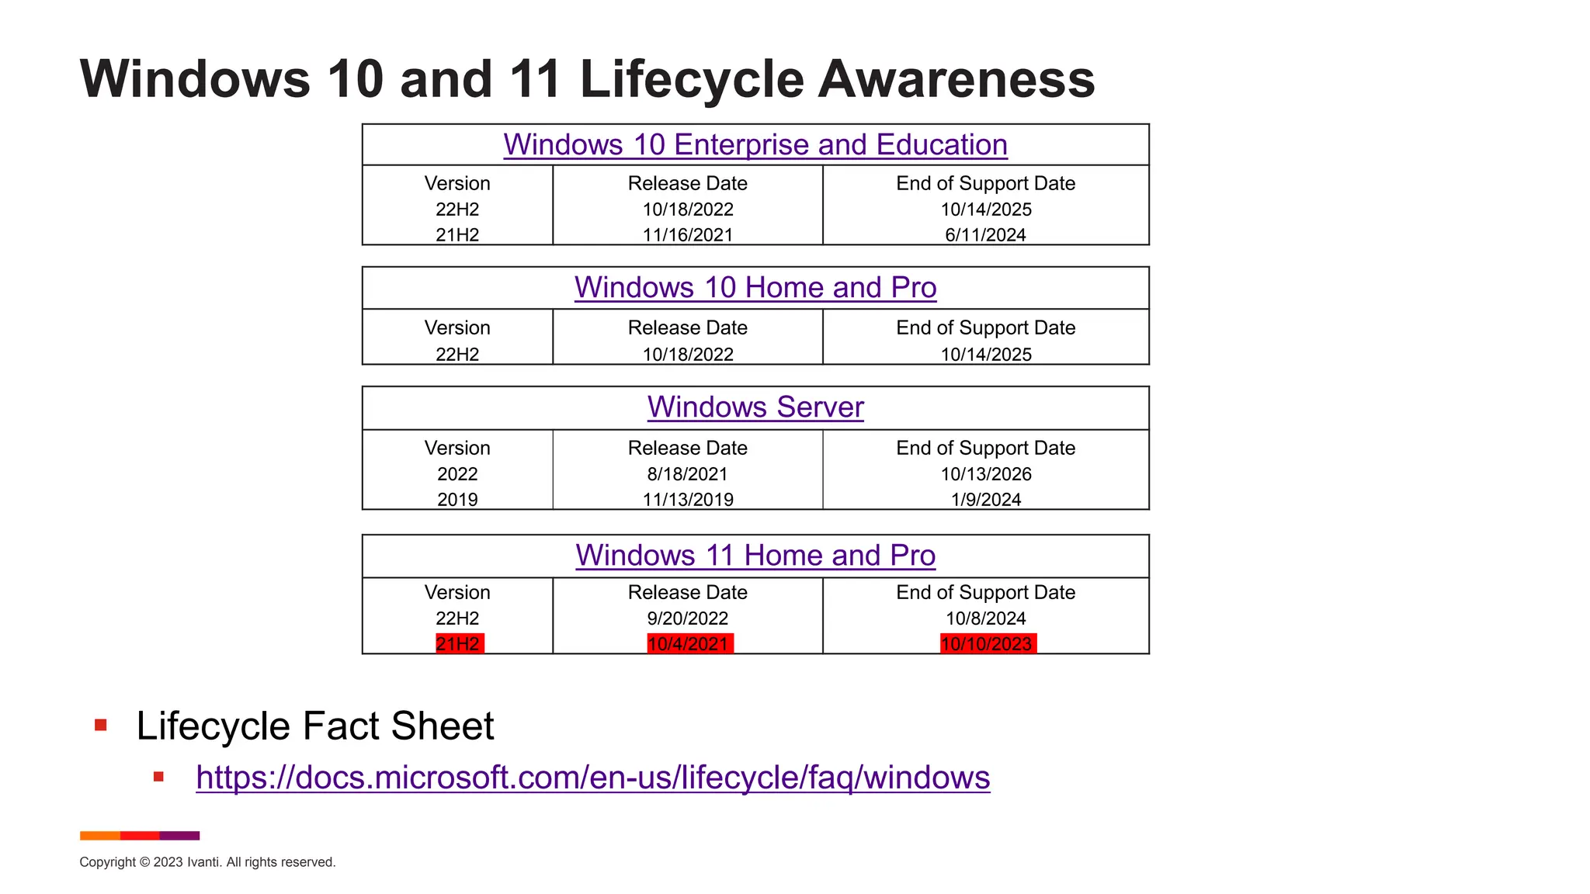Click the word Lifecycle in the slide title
coord(691,80)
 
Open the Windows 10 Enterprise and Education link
coord(755,145)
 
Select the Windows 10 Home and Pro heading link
coord(755,288)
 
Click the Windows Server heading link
coord(755,407)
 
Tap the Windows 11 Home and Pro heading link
coord(755,556)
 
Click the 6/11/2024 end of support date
coord(985,235)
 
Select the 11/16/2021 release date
coord(688,235)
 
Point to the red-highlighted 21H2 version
coord(459,644)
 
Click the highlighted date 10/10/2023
coord(987,644)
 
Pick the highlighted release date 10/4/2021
coord(689,644)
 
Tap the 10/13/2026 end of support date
coord(986,474)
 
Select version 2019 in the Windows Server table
coord(457,500)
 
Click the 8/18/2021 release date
coord(688,474)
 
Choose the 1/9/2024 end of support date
coord(986,500)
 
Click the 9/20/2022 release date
coord(688,619)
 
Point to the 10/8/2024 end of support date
coord(986,619)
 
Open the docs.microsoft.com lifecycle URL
coord(592,778)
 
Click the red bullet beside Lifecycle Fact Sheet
coord(100,726)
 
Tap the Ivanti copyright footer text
coord(207,862)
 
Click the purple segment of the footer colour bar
coord(179,836)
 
